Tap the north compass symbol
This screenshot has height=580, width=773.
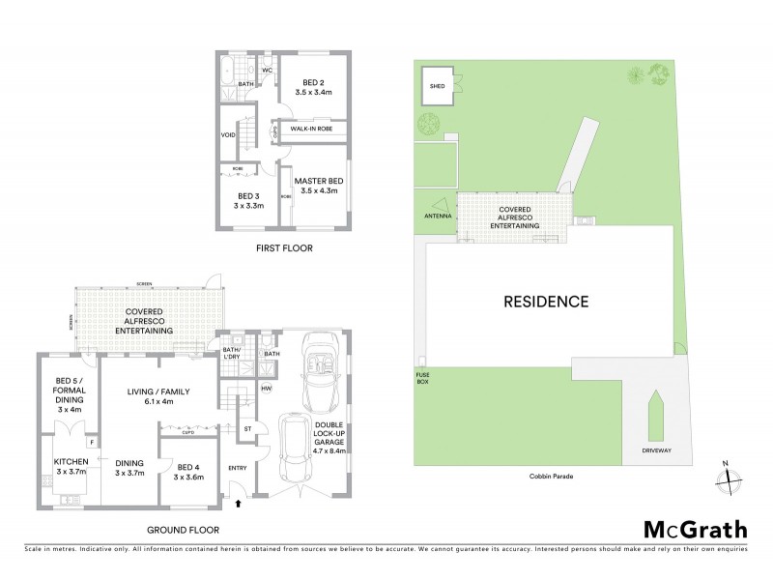tap(730, 477)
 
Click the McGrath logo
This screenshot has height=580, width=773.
tap(695, 529)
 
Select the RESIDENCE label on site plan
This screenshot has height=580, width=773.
tap(545, 302)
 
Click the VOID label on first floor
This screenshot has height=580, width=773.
tap(229, 135)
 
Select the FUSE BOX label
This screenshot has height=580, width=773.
tap(423, 378)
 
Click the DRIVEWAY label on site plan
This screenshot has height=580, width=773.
tap(655, 450)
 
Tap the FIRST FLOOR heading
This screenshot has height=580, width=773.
tap(284, 247)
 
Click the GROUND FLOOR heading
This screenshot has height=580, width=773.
tap(184, 530)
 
